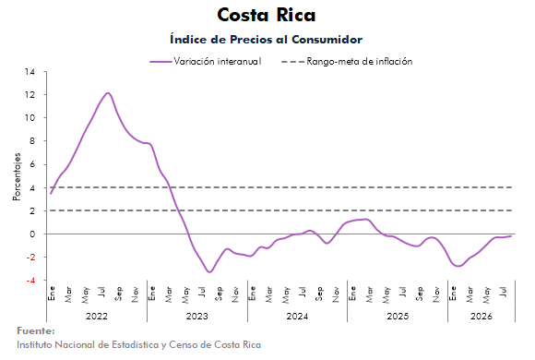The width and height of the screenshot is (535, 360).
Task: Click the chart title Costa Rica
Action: [x=267, y=15]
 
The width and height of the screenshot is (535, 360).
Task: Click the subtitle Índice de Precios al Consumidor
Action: [x=267, y=40]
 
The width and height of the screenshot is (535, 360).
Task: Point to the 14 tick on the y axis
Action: [x=30, y=72]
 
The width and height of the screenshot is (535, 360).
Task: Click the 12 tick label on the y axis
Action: [x=30, y=94]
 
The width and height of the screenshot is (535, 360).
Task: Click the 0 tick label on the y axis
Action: [x=32, y=234]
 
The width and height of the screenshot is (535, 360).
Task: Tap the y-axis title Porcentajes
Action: [x=17, y=176]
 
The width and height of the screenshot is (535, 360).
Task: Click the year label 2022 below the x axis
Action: [x=97, y=317]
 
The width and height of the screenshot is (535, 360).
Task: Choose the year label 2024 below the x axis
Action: [x=297, y=317]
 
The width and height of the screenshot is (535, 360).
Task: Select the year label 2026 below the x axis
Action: [x=481, y=317]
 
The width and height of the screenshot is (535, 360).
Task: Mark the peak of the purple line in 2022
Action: [x=108, y=93]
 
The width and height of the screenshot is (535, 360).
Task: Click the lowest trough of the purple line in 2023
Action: [x=209, y=272]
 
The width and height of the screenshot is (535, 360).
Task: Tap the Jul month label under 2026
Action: [x=503, y=292]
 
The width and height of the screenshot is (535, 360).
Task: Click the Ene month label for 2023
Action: [x=152, y=293]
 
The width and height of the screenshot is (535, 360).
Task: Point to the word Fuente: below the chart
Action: [x=35, y=331]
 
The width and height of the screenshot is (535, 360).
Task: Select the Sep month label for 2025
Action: [x=420, y=294]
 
